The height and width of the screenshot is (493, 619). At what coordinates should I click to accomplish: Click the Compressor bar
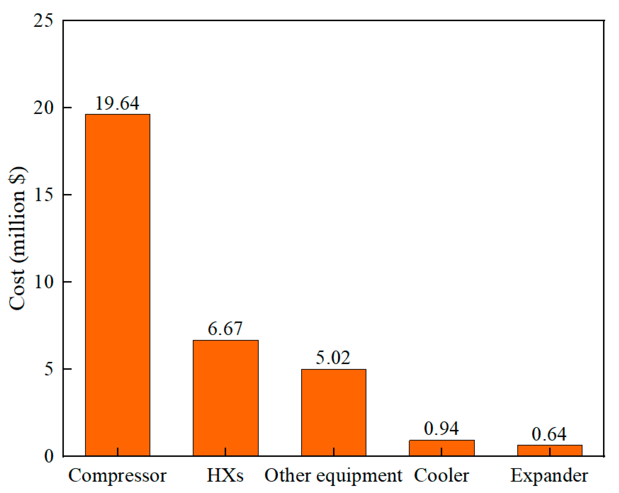(118, 285)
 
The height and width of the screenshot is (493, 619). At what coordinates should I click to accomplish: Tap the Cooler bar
(442, 448)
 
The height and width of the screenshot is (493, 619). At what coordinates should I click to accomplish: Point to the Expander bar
(550, 451)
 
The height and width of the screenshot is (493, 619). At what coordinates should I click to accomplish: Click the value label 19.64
(118, 103)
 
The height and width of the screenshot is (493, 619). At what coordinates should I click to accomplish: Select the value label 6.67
(225, 329)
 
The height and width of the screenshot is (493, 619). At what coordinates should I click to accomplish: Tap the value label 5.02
(333, 358)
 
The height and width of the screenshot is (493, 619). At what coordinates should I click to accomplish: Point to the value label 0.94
(441, 429)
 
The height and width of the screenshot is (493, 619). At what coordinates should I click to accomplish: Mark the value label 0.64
(549, 435)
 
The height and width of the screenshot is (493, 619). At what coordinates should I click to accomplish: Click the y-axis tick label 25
(43, 21)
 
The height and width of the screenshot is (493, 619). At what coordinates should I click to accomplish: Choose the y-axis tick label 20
(43, 108)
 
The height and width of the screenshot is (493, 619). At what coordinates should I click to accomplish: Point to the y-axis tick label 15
(43, 195)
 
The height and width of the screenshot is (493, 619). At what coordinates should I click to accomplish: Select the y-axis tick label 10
(43, 282)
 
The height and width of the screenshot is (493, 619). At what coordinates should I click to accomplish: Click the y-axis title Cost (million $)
(17, 239)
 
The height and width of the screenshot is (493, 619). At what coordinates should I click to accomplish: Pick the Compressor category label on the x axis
(118, 476)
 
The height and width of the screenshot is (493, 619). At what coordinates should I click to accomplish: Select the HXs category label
(225, 476)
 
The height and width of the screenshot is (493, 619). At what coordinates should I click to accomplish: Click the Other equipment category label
(333, 476)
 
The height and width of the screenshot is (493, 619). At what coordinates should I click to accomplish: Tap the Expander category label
(549, 476)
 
